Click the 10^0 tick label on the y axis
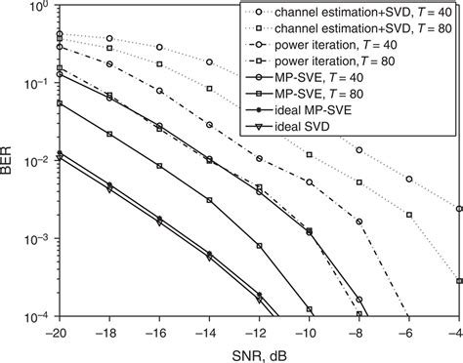point(39,8)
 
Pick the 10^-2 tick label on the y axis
point(37,162)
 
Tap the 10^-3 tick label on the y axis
point(37,240)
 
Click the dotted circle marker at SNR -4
point(459,209)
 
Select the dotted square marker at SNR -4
point(459,281)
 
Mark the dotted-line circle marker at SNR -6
point(409,179)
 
